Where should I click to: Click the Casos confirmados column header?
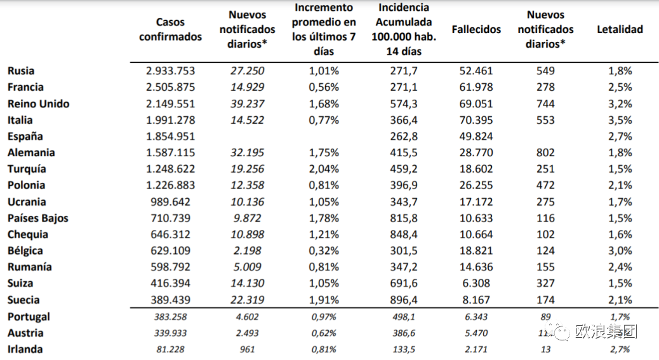click(x=170, y=30)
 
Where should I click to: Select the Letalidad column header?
click(x=620, y=29)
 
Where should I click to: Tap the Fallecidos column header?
click(x=476, y=29)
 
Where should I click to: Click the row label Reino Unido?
click(x=39, y=103)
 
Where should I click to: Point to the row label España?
click(x=25, y=137)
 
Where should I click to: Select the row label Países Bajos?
click(x=38, y=218)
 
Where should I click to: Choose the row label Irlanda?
click(x=25, y=349)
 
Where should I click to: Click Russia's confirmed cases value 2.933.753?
click(x=170, y=71)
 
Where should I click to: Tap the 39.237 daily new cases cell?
click(x=247, y=103)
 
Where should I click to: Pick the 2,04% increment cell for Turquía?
click(x=324, y=170)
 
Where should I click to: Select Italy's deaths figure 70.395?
click(x=476, y=120)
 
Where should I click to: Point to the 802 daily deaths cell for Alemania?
click(x=545, y=153)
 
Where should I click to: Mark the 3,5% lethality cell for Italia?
click(x=620, y=120)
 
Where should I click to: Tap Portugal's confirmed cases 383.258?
click(x=170, y=317)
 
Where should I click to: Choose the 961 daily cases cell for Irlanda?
click(x=247, y=349)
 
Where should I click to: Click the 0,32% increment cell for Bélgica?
click(x=324, y=251)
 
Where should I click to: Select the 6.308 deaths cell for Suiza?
click(x=476, y=283)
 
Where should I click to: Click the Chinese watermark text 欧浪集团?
click(x=606, y=331)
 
